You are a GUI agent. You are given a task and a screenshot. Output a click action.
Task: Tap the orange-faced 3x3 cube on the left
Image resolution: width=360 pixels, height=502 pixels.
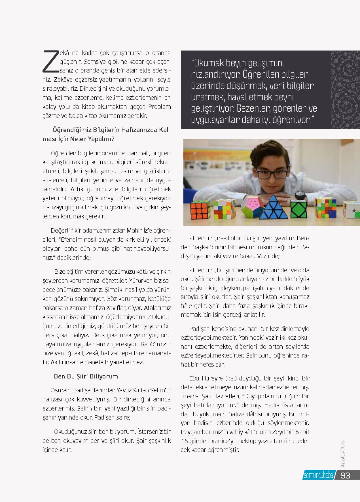(x=200, y=210)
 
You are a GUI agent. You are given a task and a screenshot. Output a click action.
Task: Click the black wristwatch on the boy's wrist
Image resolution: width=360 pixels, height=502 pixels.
(x=300, y=195)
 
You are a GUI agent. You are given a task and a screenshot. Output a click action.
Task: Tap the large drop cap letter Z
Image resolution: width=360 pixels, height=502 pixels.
(x=51, y=61)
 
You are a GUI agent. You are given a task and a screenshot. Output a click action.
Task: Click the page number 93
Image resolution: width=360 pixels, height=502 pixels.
(x=346, y=475)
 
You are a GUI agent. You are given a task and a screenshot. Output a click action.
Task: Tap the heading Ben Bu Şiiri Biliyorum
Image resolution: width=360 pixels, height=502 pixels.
(x=86, y=376)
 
